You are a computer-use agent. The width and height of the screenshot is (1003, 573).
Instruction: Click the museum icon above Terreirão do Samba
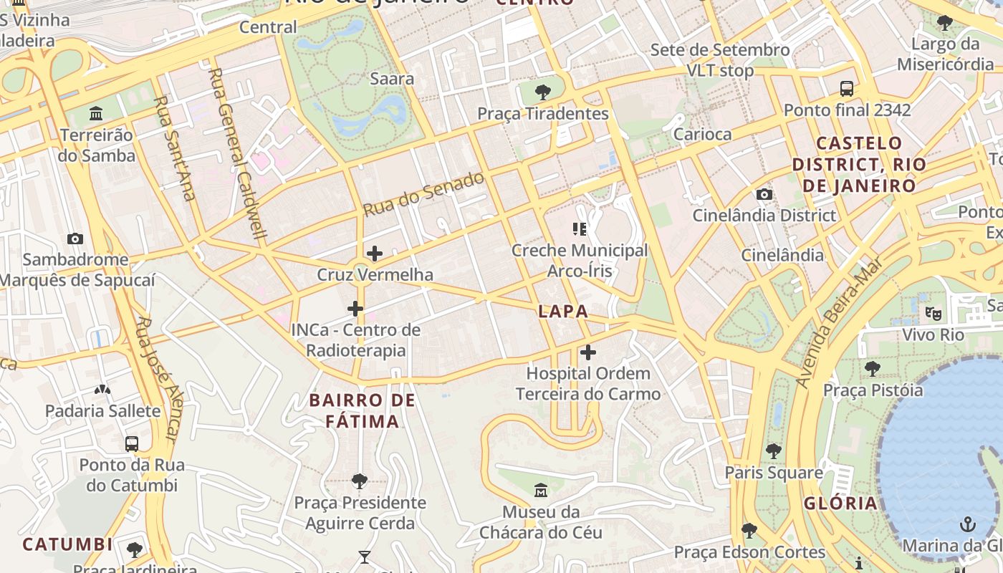[x=96, y=113]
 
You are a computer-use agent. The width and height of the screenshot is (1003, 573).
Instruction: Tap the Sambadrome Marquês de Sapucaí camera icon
[x=75, y=239]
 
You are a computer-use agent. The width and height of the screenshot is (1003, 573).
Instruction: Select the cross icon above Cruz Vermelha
[x=374, y=254]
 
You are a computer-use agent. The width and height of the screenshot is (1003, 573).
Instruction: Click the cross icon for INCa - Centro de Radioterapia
[x=355, y=309]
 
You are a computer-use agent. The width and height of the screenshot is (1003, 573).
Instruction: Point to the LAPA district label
[x=563, y=311]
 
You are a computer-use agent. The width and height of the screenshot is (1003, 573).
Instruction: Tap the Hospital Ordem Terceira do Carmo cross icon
[x=588, y=352]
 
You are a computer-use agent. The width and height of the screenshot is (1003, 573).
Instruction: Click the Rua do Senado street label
[x=423, y=194]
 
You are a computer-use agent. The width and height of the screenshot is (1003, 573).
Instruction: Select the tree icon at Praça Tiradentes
[x=543, y=92]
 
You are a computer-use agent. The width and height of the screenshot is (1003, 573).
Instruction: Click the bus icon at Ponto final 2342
[x=847, y=89]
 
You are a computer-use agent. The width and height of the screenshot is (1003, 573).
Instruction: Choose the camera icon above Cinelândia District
[x=764, y=194]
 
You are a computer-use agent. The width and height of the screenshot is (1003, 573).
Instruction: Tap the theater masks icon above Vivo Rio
[x=933, y=313]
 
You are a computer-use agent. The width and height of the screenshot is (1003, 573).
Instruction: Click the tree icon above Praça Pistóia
[x=873, y=369]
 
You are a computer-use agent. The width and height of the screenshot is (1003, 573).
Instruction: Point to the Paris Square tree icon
[x=773, y=451]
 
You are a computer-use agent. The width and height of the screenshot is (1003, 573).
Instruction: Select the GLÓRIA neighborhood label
[x=840, y=503]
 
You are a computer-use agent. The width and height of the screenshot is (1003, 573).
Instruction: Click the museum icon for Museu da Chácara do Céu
[x=541, y=491]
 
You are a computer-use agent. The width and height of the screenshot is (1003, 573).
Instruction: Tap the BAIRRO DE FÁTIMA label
[x=363, y=410]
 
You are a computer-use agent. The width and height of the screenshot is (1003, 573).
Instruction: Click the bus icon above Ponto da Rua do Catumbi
[x=132, y=443]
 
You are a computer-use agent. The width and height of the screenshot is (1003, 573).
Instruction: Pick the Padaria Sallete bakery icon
[x=102, y=390]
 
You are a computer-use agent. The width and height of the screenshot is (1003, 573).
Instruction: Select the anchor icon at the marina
[x=968, y=524]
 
